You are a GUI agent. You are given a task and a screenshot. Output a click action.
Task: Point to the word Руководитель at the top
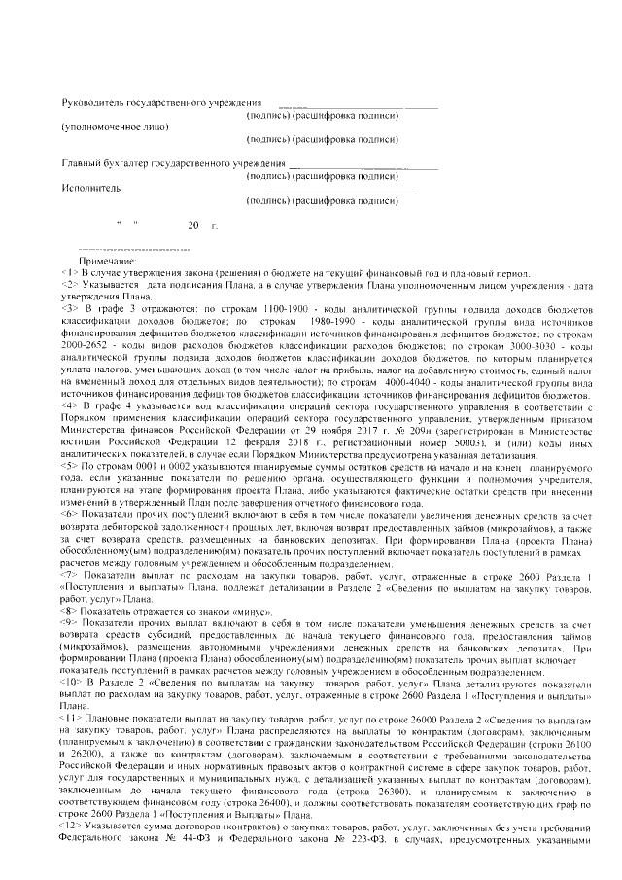tap(96, 102)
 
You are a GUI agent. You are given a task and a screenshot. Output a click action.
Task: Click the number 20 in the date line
tap(193, 226)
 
